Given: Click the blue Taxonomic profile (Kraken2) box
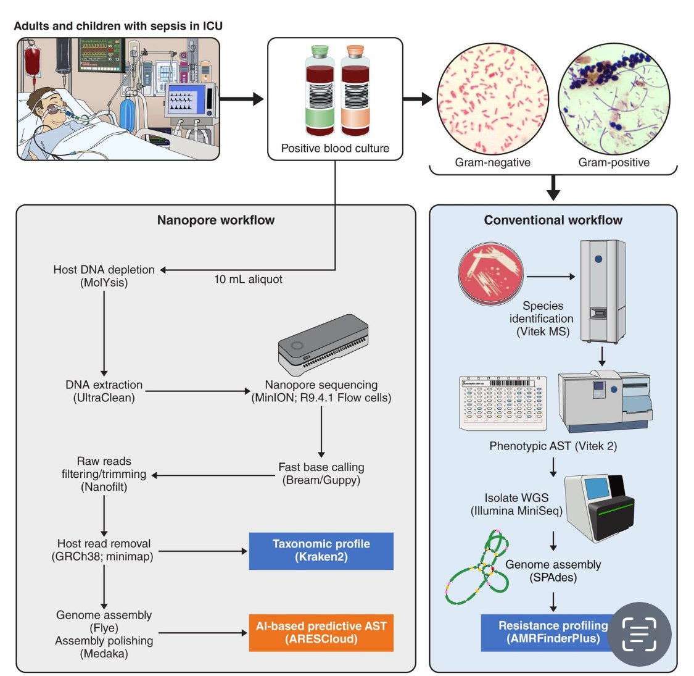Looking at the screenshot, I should point(321,551).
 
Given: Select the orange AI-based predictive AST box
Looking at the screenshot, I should point(321,633).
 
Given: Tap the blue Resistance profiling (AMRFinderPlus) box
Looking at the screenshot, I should point(546,633).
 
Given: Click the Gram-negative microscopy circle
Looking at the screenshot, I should point(492,99).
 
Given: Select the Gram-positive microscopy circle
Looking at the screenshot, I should point(613,99).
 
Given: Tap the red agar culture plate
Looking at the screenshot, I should point(490,272).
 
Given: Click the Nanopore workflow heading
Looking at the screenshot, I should point(215,220).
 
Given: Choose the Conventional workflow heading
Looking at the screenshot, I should point(553,220).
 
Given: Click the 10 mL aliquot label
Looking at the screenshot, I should point(248,280).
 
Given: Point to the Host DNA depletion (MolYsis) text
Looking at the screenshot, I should point(104,276).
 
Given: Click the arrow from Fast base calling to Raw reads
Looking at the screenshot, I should point(213,475).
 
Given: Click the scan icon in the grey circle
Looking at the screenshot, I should point(639,634).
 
